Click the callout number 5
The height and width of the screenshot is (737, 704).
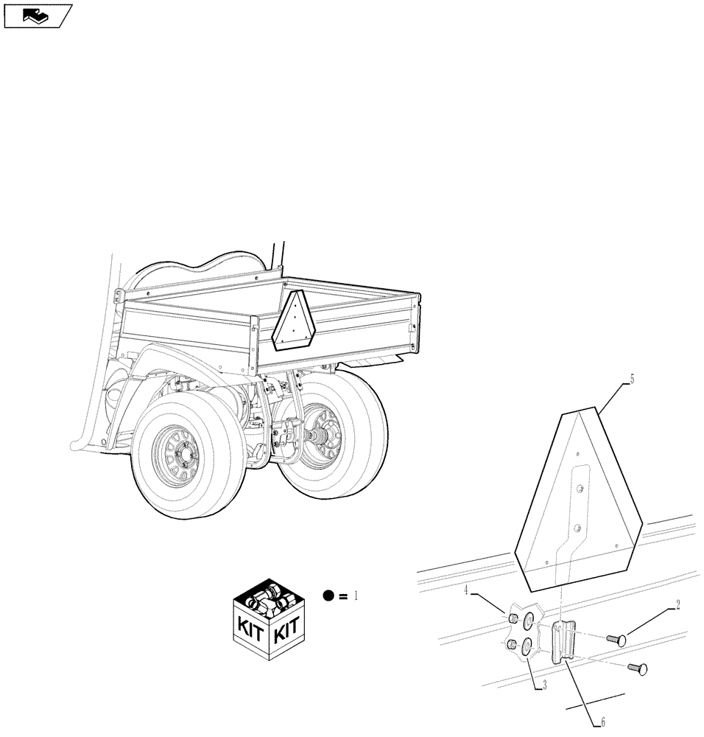click(x=631, y=380)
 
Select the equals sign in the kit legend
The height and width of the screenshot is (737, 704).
click(x=343, y=595)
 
